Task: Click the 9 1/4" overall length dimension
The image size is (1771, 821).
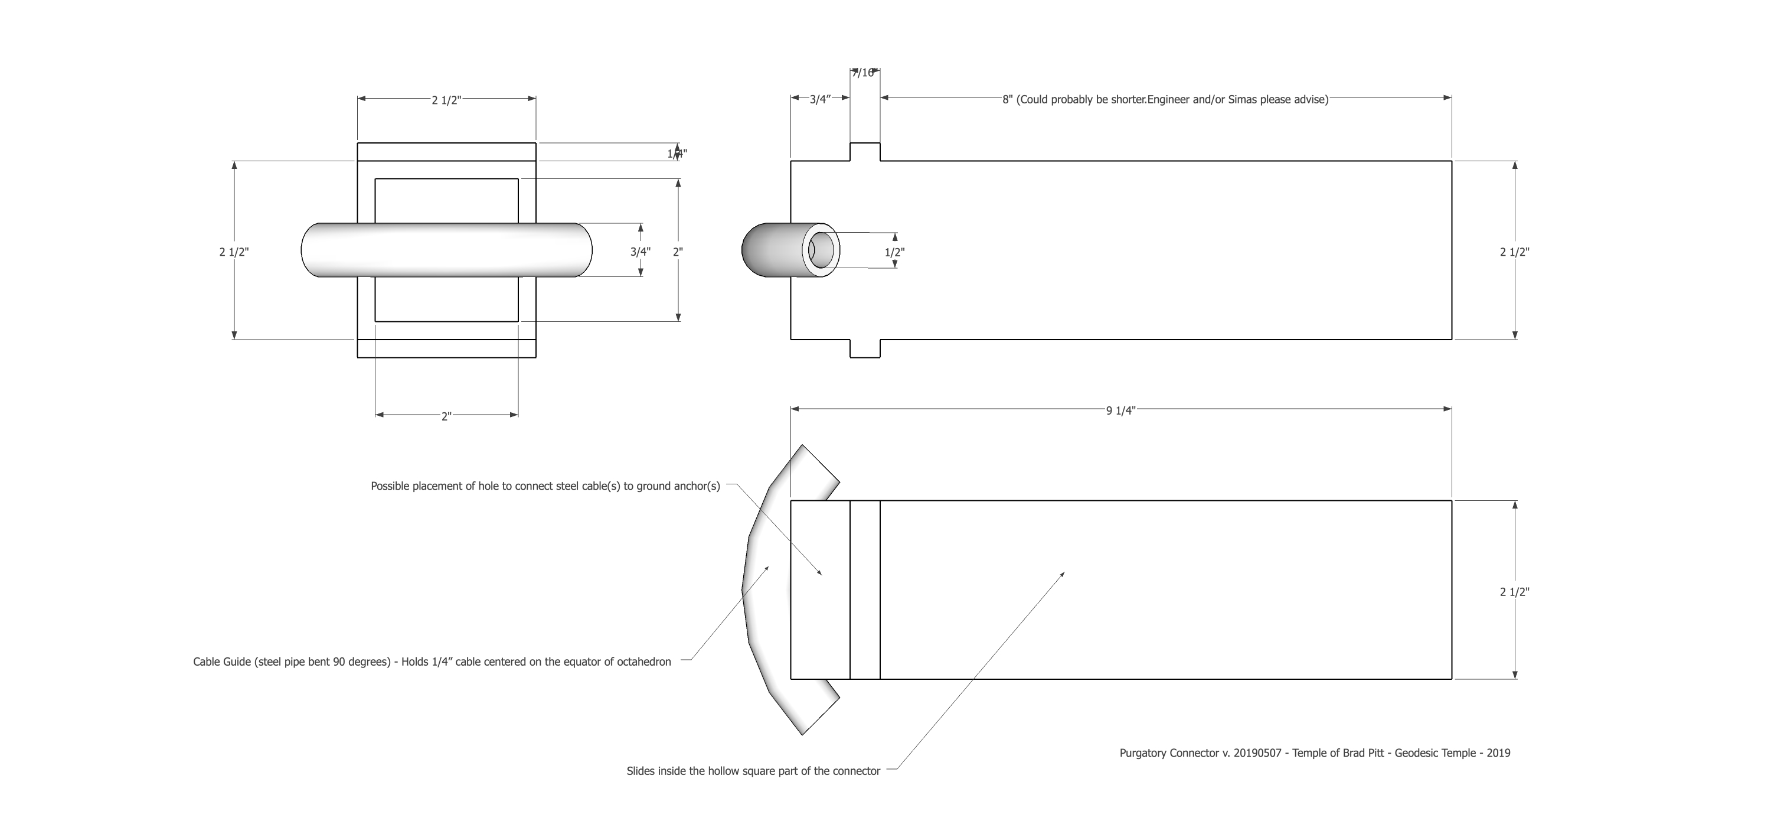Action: point(1120,411)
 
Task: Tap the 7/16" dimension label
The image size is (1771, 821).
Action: point(864,73)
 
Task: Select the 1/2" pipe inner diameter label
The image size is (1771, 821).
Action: point(894,252)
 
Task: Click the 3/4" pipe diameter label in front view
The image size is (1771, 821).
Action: point(640,252)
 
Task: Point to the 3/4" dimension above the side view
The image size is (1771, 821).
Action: point(819,100)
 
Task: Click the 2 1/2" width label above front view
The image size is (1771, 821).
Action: point(446,100)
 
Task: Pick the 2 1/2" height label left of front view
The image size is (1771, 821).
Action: point(234,252)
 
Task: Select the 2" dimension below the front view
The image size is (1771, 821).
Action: point(446,416)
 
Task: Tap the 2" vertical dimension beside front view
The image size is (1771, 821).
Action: point(678,252)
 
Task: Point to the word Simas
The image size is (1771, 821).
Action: point(1243,100)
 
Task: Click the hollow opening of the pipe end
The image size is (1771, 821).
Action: point(821,250)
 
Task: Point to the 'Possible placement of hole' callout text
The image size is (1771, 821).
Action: point(545,486)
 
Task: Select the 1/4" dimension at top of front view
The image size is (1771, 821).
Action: point(677,154)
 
